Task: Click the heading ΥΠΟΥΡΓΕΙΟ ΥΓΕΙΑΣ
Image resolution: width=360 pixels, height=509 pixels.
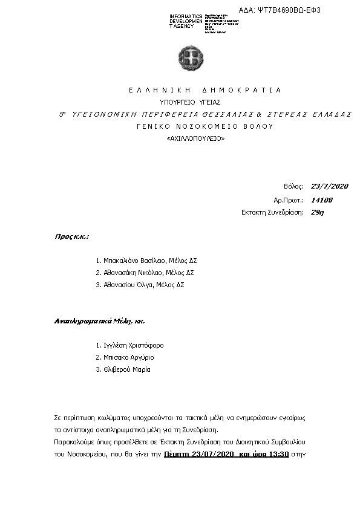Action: (x=190, y=102)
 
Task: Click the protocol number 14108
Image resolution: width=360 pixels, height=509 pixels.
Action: (x=321, y=199)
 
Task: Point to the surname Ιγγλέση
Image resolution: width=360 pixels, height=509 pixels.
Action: (x=114, y=345)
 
